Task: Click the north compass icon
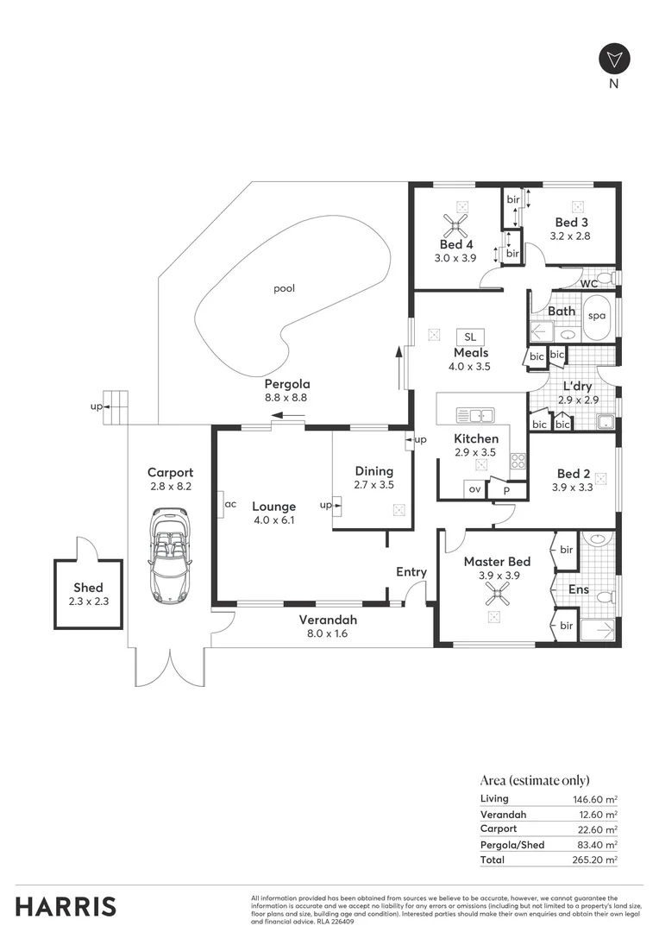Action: (614, 59)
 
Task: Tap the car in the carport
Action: (170, 555)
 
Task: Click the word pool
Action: (284, 288)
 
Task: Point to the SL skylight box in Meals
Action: (470, 336)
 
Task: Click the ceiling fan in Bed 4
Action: (455, 227)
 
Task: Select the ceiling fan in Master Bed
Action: (495, 592)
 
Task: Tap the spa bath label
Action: (597, 316)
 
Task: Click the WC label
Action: (590, 283)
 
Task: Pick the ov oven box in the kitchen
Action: (474, 489)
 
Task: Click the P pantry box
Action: (507, 490)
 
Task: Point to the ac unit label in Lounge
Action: (230, 505)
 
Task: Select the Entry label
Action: (411, 571)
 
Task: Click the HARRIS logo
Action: (66, 906)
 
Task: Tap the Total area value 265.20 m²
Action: (595, 860)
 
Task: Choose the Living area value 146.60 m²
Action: (595, 799)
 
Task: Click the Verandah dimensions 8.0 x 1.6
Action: (328, 633)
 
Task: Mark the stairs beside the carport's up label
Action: (117, 406)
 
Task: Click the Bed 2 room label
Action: (574, 474)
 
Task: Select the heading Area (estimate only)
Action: (535, 779)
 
